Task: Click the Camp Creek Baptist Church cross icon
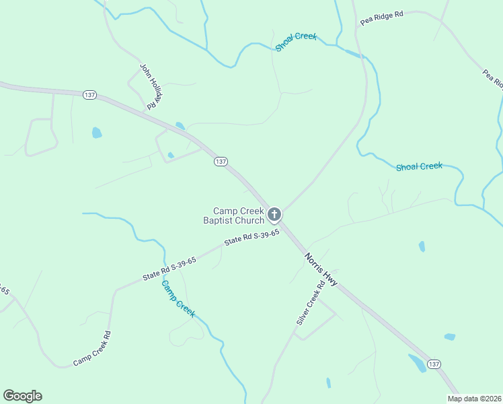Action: tap(274, 215)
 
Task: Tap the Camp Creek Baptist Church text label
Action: tap(235, 215)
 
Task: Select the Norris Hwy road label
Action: tap(321, 268)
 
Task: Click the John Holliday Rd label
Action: tap(152, 86)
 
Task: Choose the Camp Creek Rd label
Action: tap(92, 349)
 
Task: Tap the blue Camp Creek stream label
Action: tap(178, 299)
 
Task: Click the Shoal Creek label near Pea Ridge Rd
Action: tap(296, 41)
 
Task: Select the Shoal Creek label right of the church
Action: tap(419, 166)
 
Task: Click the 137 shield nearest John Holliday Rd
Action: tap(89, 95)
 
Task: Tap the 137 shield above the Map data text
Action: tap(434, 364)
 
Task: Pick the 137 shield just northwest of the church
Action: tap(221, 162)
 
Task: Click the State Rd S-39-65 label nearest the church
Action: tap(251, 238)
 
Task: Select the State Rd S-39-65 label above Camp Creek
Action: tap(169, 268)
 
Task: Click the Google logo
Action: tap(22, 396)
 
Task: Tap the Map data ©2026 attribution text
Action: tap(474, 399)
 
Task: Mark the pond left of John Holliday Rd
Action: tap(97, 133)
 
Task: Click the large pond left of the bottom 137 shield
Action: tap(417, 363)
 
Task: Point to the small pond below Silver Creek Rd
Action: tap(328, 383)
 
